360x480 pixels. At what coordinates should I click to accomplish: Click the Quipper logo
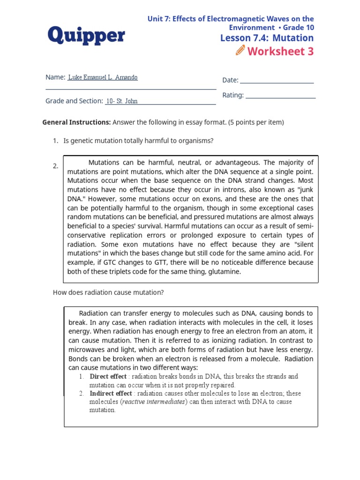(x=86, y=36)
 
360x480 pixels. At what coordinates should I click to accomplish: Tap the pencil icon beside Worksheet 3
(x=240, y=50)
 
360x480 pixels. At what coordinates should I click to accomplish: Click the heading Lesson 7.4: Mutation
(x=267, y=38)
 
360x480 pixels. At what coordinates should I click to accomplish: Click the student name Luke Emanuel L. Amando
(x=103, y=77)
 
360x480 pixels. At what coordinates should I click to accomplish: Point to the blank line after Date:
(x=277, y=81)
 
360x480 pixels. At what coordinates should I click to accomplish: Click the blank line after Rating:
(x=280, y=96)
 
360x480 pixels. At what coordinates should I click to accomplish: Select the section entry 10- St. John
(x=121, y=101)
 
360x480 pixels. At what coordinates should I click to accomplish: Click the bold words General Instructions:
(x=76, y=122)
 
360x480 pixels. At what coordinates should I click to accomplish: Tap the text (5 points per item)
(x=256, y=122)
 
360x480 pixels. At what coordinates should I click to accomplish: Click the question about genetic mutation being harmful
(x=138, y=141)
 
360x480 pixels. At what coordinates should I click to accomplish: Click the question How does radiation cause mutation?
(x=108, y=292)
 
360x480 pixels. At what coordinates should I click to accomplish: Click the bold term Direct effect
(x=108, y=376)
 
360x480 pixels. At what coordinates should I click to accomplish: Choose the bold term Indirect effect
(x=111, y=393)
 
